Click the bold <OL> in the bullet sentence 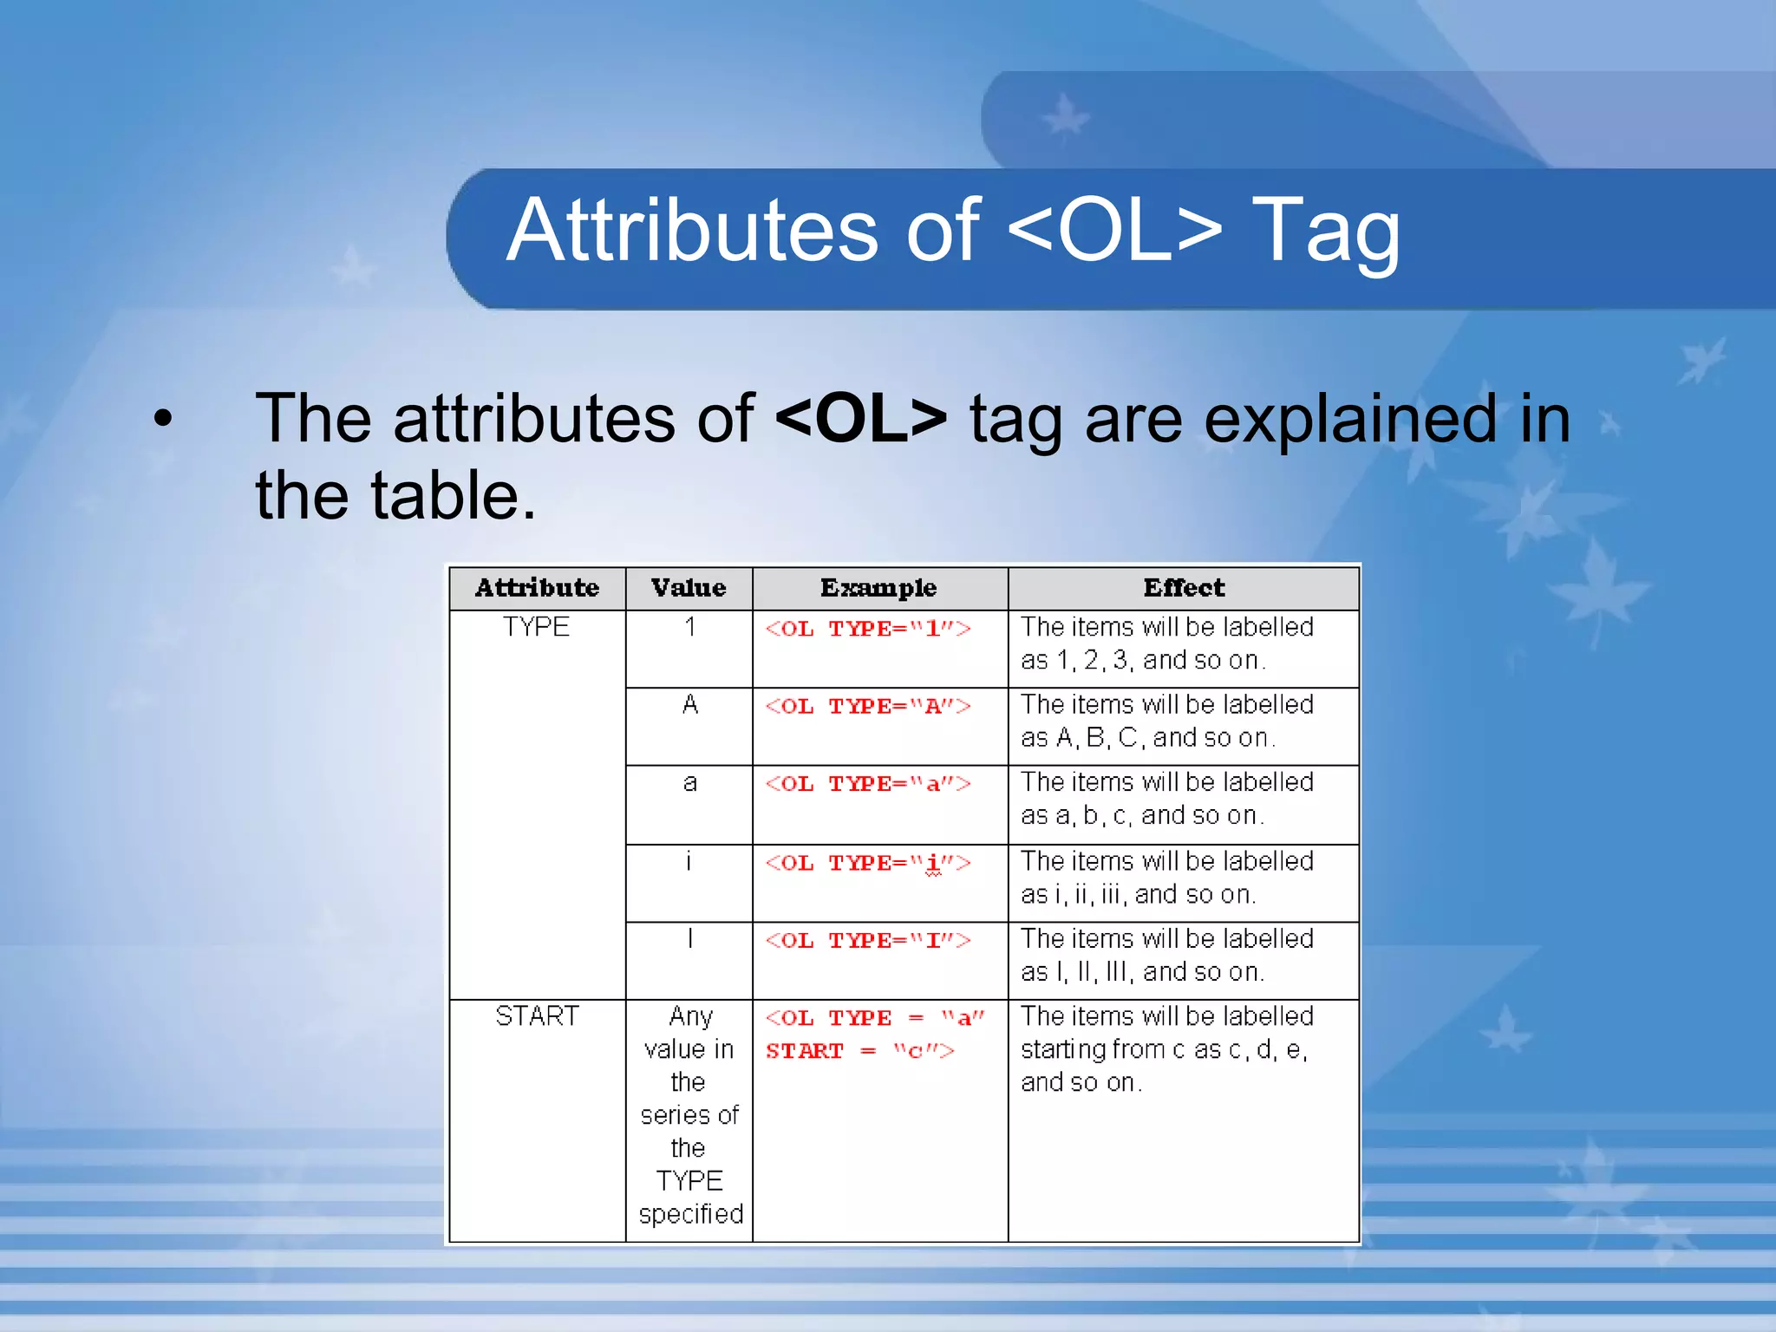860,419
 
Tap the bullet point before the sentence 163,420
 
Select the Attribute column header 537,588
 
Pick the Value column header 689,588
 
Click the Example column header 878,588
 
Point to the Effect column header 1184,588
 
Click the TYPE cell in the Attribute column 536,627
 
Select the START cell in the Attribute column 537,1015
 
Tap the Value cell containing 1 689,627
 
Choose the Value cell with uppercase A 689,704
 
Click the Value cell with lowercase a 689,782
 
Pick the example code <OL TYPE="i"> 867,863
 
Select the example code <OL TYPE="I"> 867,941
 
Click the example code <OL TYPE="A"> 867,706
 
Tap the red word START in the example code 804,1051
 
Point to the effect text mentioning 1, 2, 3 1143,661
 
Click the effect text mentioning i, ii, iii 1137,894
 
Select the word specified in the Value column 690,1214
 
